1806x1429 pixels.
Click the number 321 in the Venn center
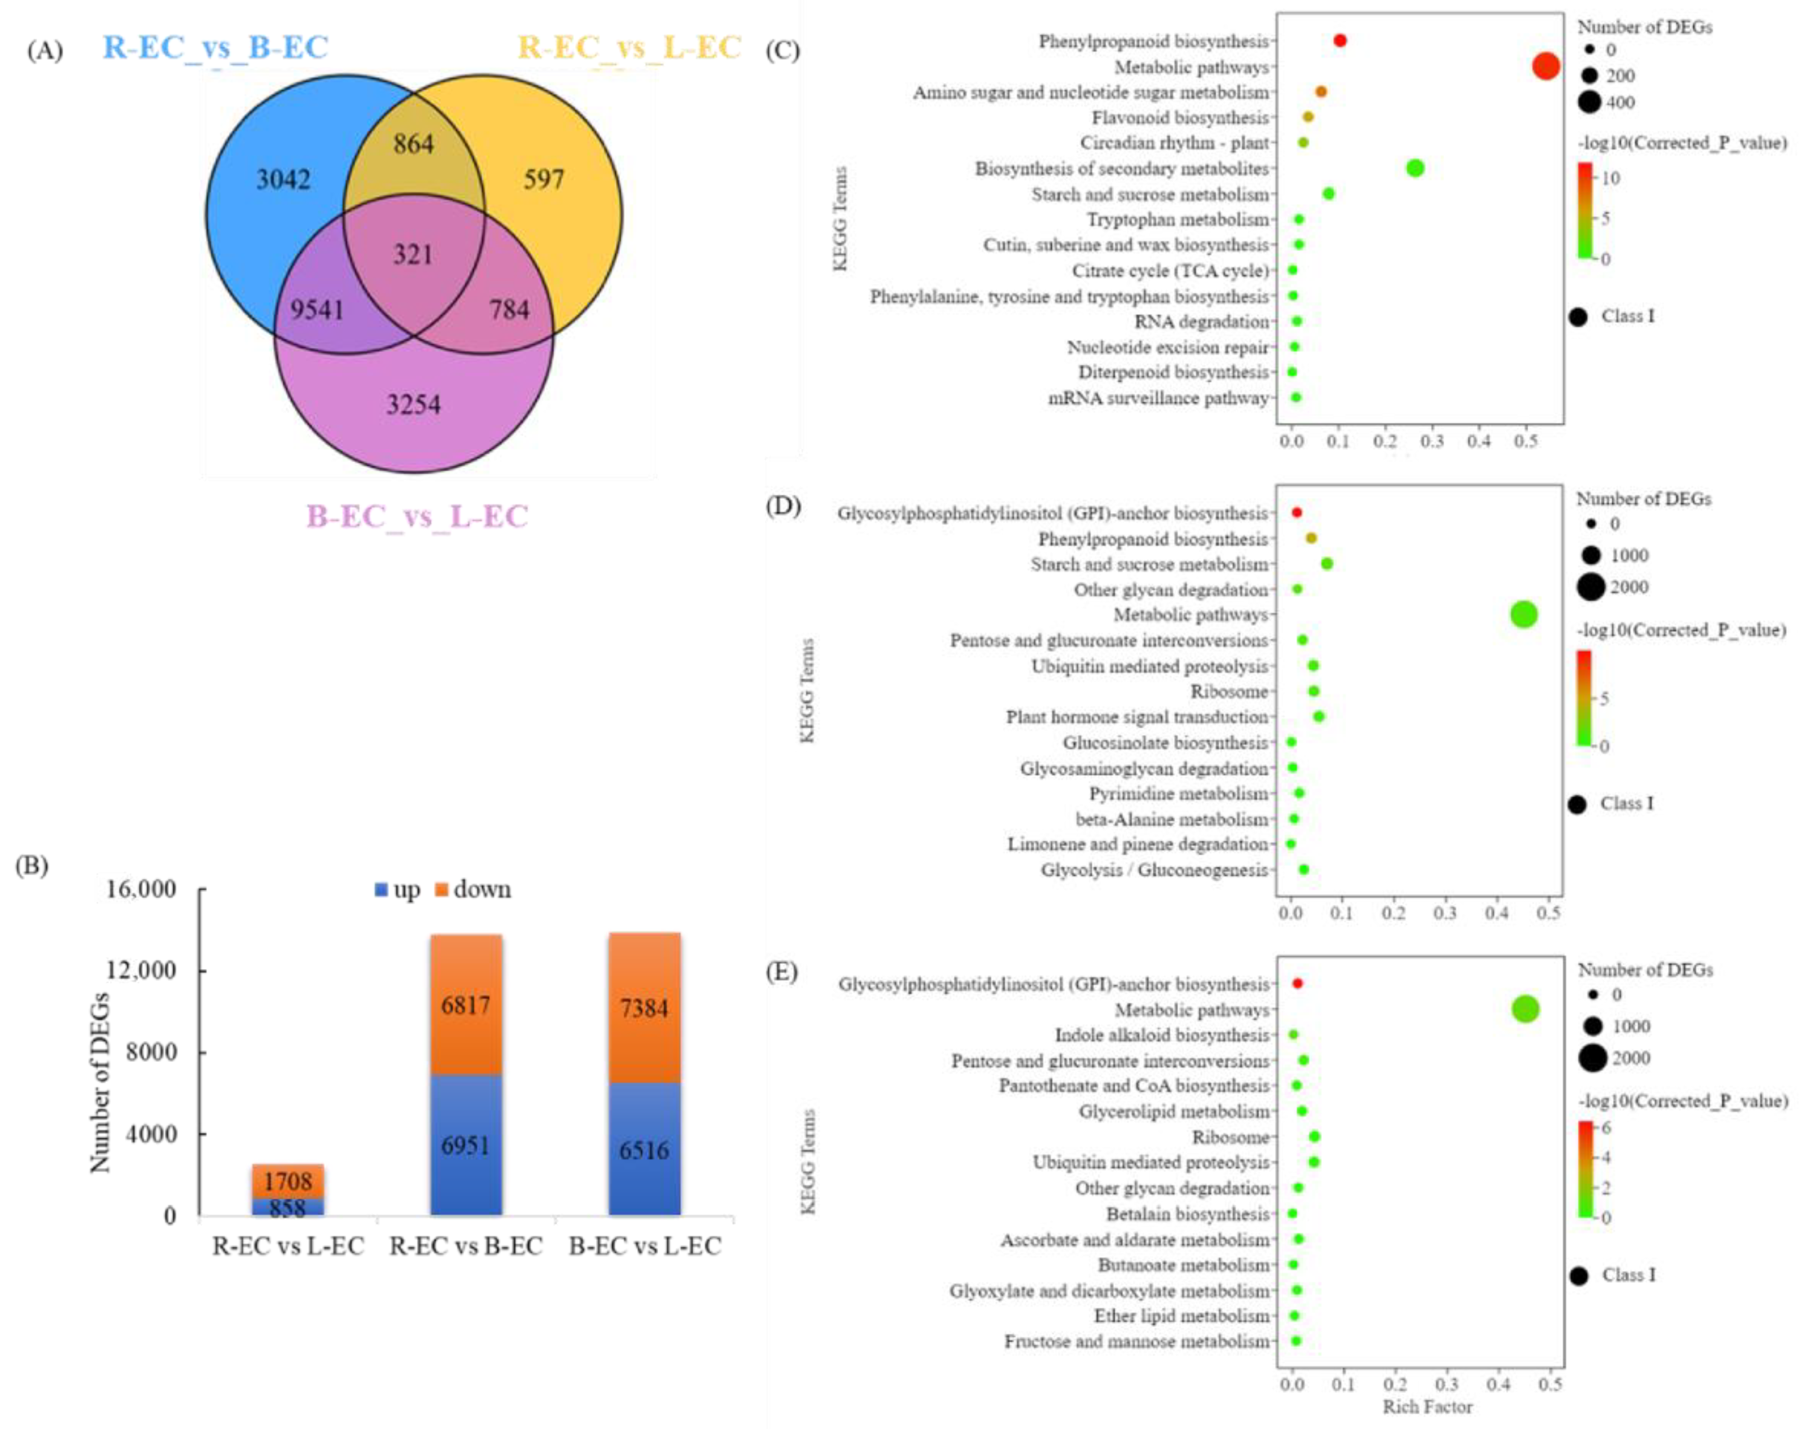click(413, 254)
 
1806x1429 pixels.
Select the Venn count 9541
click(317, 310)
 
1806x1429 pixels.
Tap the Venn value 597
click(544, 179)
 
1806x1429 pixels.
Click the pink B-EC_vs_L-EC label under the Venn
click(417, 516)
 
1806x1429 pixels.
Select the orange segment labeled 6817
click(466, 1005)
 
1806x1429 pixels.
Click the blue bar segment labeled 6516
click(644, 1150)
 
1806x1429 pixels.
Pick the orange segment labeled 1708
click(288, 1181)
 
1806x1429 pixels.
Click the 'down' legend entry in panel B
click(473, 889)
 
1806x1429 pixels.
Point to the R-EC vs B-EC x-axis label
click(466, 1247)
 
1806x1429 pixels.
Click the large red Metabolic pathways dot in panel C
click(1546, 66)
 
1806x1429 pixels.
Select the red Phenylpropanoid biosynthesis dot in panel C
click(1340, 40)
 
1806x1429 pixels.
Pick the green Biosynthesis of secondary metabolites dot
click(1415, 168)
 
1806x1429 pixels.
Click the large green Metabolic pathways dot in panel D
click(1524, 614)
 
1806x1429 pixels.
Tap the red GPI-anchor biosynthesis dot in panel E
click(1298, 984)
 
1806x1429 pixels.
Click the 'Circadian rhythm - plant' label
click(1174, 143)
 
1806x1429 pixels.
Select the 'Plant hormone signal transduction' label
click(1137, 717)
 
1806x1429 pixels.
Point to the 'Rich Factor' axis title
click(1427, 1407)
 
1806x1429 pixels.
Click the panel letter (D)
click(783, 506)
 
